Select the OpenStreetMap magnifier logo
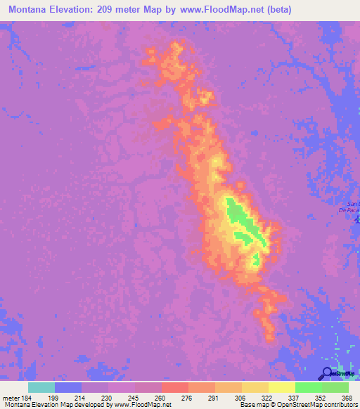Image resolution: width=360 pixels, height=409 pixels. click(327, 373)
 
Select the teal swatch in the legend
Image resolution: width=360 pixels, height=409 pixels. click(41, 387)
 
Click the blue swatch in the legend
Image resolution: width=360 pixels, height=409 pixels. click(68, 387)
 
